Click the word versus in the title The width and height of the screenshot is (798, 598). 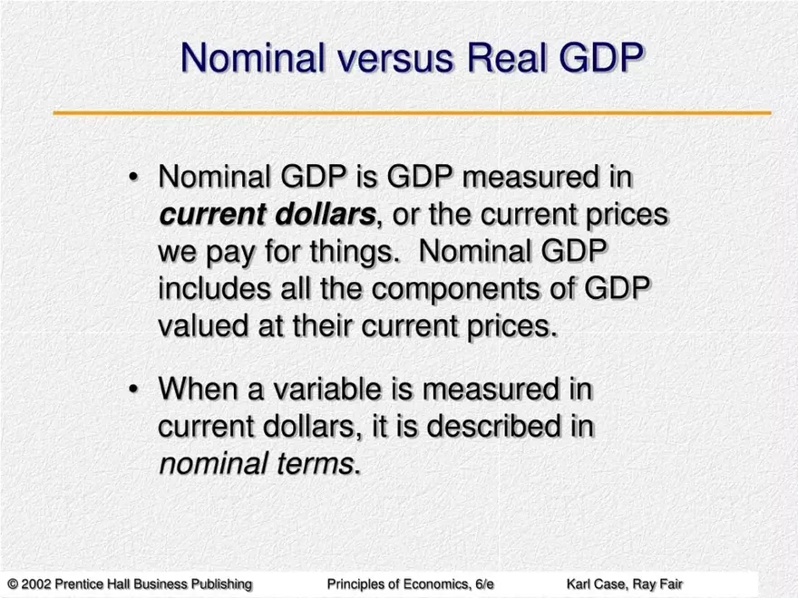click(394, 57)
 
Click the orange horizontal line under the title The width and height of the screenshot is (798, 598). click(413, 112)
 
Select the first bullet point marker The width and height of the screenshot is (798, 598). click(133, 178)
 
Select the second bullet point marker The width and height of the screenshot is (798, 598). click(133, 390)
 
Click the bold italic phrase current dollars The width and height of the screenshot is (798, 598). click(268, 214)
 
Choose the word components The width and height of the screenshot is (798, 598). click(455, 289)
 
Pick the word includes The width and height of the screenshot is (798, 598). click(214, 288)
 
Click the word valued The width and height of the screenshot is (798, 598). click(203, 325)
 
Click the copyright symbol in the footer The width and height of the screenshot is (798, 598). click(14, 584)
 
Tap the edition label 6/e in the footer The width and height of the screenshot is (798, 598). click(483, 584)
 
